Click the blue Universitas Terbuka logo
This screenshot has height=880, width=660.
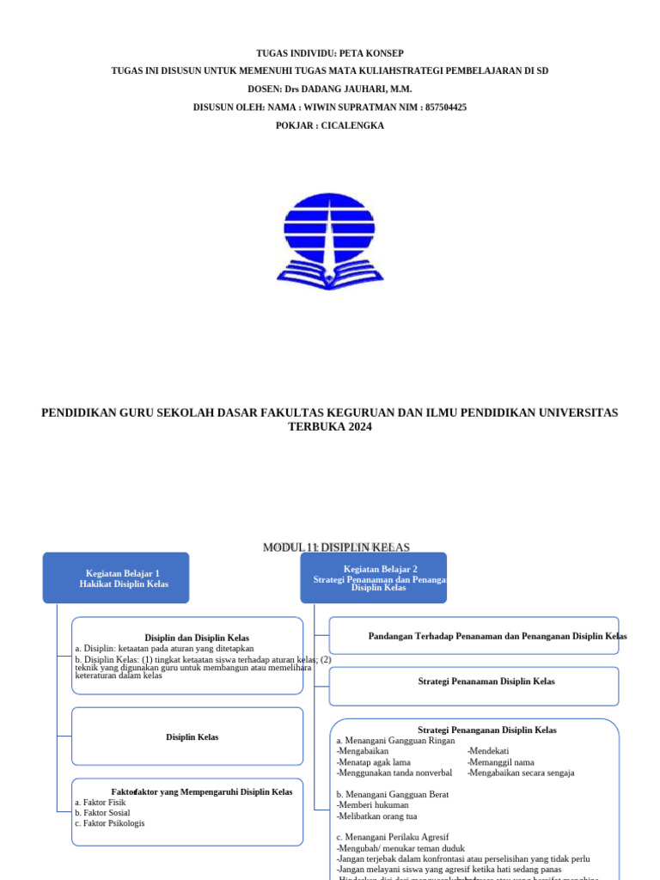click(x=330, y=241)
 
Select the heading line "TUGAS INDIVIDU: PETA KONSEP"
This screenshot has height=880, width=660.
click(x=330, y=53)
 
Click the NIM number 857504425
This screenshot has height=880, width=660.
click(x=445, y=107)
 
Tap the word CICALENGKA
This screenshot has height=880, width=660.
click(x=352, y=125)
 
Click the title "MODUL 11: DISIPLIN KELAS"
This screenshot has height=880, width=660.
click(x=336, y=547)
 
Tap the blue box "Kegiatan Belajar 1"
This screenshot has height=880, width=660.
click(x=116, y=577)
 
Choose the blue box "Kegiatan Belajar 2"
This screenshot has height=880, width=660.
click(x=373, y=577)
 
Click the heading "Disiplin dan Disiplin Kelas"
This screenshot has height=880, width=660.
click(x=197, y=638)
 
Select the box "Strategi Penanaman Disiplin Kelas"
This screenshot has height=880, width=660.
click(x=474, y=681)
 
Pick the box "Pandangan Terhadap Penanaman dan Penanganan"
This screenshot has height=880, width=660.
click(x=474, y=636)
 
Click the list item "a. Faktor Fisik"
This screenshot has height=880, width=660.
click(x=100, y=803)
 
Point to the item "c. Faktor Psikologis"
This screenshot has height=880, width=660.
click(x=109, y=823)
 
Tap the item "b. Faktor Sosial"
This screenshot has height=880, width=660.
click(x=102, y=813)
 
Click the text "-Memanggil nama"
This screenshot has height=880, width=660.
click(x=501, y=762)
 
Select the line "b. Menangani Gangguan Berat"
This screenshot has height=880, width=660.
click(x=392, y=795)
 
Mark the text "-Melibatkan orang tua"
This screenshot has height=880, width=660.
click(x=376, y=816)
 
